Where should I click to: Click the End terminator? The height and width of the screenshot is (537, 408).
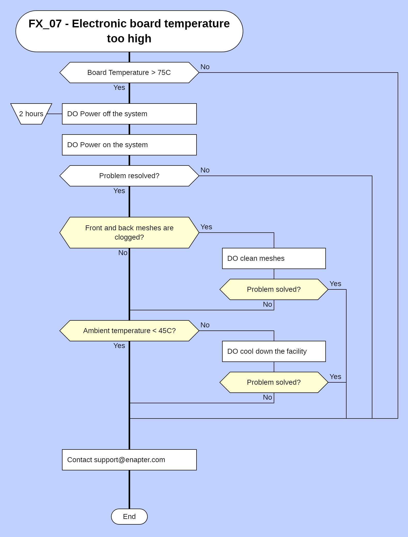tap(129, 516)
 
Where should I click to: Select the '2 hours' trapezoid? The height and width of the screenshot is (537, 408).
tap(31, 114)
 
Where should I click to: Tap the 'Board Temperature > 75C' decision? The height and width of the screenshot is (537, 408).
tap(129, 73)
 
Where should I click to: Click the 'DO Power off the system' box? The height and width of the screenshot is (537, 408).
tap(129, 114)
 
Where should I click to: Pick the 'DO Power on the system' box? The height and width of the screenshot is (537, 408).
tap(129, 145)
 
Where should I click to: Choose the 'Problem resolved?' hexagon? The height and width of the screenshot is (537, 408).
tap(129, 176)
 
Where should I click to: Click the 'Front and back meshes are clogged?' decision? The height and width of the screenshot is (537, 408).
tap(129, 233)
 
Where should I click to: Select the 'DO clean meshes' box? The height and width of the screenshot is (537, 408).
tap(274, 258)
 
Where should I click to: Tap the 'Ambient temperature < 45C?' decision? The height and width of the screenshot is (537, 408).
tap(129, 331)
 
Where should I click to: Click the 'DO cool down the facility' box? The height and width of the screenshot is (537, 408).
tap(274, 351)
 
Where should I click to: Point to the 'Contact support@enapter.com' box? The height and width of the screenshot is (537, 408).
tap(129, 460)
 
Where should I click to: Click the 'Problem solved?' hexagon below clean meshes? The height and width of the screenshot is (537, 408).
tap(274, 289)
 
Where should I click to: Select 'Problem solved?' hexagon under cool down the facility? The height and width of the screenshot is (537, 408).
tap(274, 382)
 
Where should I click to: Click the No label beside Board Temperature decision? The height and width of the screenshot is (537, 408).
tap(205, 67)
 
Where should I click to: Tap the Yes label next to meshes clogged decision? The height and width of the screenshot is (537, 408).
tap(206, 227)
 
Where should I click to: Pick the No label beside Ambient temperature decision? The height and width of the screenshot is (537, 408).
tap(205, 325)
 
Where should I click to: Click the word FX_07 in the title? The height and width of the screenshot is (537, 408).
tap(45, 24)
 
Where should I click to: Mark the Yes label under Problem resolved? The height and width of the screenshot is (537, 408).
tap(119, 191)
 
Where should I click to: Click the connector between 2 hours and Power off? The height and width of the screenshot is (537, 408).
tap(54, 114)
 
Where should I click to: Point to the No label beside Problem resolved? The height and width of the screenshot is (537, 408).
tap(205, 170)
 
